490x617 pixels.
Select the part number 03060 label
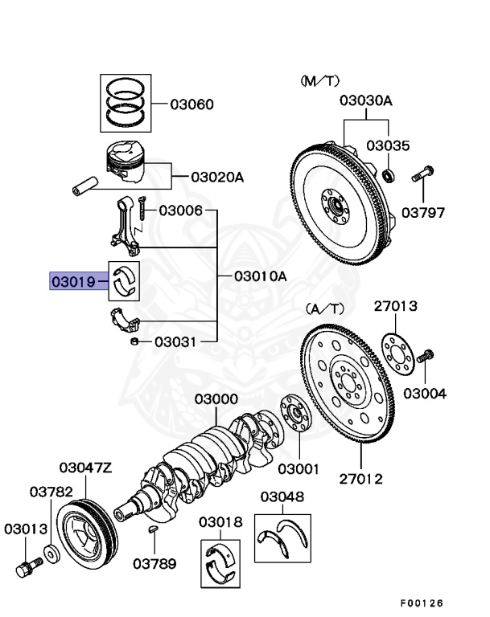(191, 104)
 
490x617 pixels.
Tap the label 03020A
(216, 177)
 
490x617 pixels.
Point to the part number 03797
(423, 213)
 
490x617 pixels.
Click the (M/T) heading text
(321, 81)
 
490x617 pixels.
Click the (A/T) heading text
(324, 308)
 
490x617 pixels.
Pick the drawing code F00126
(422, 603)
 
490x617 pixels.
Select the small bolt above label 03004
(426, 355)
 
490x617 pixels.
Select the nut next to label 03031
(136, 342)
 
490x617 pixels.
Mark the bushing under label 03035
(389, 174)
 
